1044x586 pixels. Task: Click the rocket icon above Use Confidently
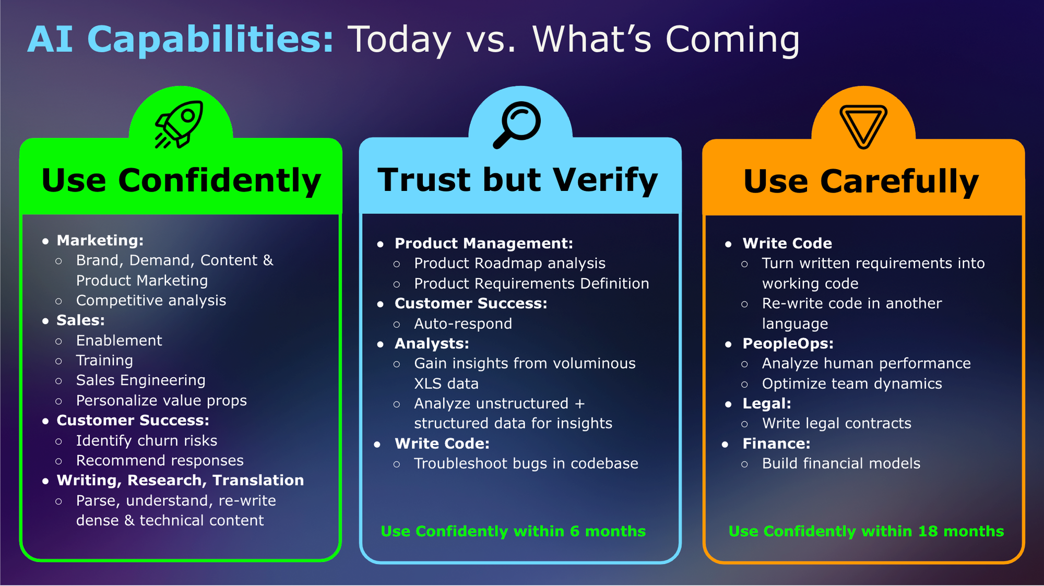pos(179,125)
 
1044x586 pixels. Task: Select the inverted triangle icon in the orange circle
pos(863,127)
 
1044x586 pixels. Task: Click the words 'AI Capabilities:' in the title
pos(181,39)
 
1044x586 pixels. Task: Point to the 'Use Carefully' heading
pos(861,182)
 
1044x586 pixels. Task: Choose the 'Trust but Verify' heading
pos(518,180)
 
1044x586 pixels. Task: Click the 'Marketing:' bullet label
pos(100,241)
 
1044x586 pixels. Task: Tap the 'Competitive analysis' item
pos(151,301)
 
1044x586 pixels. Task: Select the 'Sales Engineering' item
pos(141,380)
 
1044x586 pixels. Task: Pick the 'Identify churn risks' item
pos(147,441)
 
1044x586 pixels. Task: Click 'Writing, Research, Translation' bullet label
pos(180,481)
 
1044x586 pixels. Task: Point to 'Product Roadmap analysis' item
pos(510,264)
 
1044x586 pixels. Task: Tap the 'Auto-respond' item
pos(463,324)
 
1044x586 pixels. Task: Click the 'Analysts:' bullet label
pos(432,344)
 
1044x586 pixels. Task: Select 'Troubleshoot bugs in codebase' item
pos(526,464)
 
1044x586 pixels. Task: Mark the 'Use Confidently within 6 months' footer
pos(513,531)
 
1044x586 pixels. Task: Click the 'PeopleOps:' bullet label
pos(788,344)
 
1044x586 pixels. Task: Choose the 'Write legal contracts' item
pos(837,424)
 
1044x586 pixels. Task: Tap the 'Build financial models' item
pos(841,464)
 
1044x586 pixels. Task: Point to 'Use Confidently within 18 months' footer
pos(867,531)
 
